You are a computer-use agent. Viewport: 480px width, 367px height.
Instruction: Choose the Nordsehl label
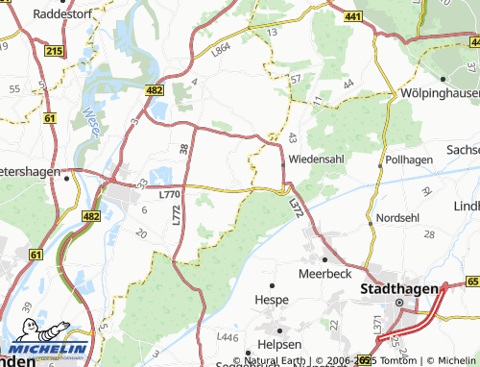[397, 218]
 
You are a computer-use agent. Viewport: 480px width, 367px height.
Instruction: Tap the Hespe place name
[272, 300]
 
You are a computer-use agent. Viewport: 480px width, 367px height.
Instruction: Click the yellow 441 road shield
[352, 17]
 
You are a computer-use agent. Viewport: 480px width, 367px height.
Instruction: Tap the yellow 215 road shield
[54, 50]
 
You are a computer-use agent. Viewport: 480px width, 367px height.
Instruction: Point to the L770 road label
[169, 194]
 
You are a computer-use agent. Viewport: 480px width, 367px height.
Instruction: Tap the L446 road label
[228, 337]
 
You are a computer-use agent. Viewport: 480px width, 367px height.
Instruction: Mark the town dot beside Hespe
[273, 285]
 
